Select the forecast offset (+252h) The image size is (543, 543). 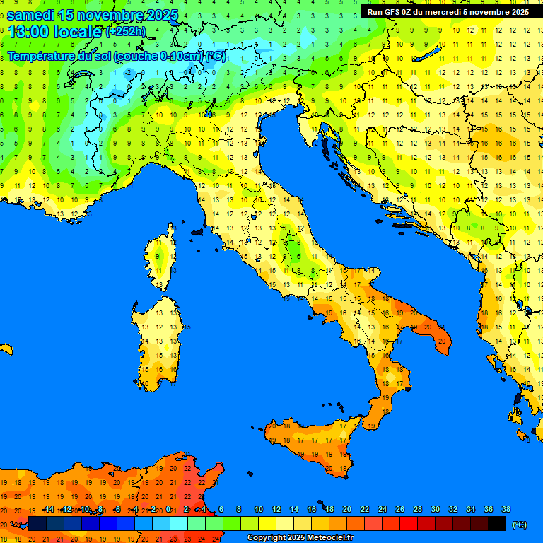click(125, 32)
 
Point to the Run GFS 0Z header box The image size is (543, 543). click(448, 12)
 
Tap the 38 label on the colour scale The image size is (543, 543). click(506, 510)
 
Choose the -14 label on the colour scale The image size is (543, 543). click(48, 510)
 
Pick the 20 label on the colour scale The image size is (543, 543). click(347, 510)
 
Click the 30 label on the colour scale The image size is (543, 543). click(435, 510)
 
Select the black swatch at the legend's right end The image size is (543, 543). click(496, 523)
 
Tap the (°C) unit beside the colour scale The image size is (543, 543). click(519, 524)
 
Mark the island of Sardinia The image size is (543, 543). click(157, 339)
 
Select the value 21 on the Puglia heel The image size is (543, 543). click(443, 341)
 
